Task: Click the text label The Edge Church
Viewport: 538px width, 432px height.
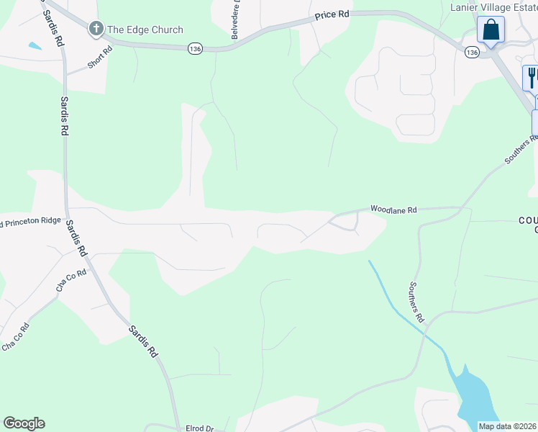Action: pos(145,30)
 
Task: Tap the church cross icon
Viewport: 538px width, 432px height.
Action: pos(96,30)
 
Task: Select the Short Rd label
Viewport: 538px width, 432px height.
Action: pos(101,58)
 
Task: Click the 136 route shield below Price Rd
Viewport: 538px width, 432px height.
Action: pos(195,48)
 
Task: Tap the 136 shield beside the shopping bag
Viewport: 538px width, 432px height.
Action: pos(471,53)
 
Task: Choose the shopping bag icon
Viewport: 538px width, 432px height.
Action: pos(491,30)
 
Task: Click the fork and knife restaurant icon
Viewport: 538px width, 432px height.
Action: pos(532,76)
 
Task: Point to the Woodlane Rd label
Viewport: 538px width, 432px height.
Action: pos(393,210)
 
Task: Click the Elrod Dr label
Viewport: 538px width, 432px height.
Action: pos(200,428)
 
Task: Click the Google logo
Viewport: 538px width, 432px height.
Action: pos(24,423)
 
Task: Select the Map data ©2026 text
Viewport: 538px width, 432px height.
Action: pos(508,426)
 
